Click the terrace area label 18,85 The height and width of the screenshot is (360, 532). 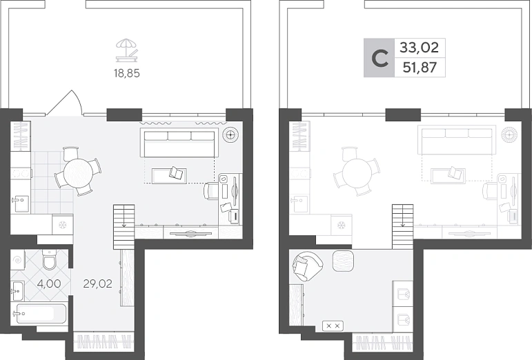[126, 73]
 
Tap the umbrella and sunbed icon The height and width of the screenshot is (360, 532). [127, 50]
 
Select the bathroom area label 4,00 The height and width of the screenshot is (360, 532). [49, 283]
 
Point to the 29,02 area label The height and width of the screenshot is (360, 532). [97, 283]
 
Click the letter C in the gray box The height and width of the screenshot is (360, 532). [380, 59]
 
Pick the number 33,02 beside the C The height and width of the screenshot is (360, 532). [420, 48]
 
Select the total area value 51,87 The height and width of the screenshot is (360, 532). [420, 68]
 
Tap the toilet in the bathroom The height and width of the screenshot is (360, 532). [50, 260]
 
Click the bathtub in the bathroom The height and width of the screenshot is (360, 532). [38, 314]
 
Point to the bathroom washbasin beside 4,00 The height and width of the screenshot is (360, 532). [17, 291]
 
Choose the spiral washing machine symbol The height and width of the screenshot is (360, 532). [17, 260]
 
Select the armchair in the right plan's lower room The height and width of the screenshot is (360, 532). [307, 266]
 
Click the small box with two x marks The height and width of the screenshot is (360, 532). [333, 326]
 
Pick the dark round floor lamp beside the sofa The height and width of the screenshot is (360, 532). [230, 134]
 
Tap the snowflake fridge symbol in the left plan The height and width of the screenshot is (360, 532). [62, 224]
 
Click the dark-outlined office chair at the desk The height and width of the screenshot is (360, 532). [211, 191]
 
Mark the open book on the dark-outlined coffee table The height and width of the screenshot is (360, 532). [176, 173]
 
